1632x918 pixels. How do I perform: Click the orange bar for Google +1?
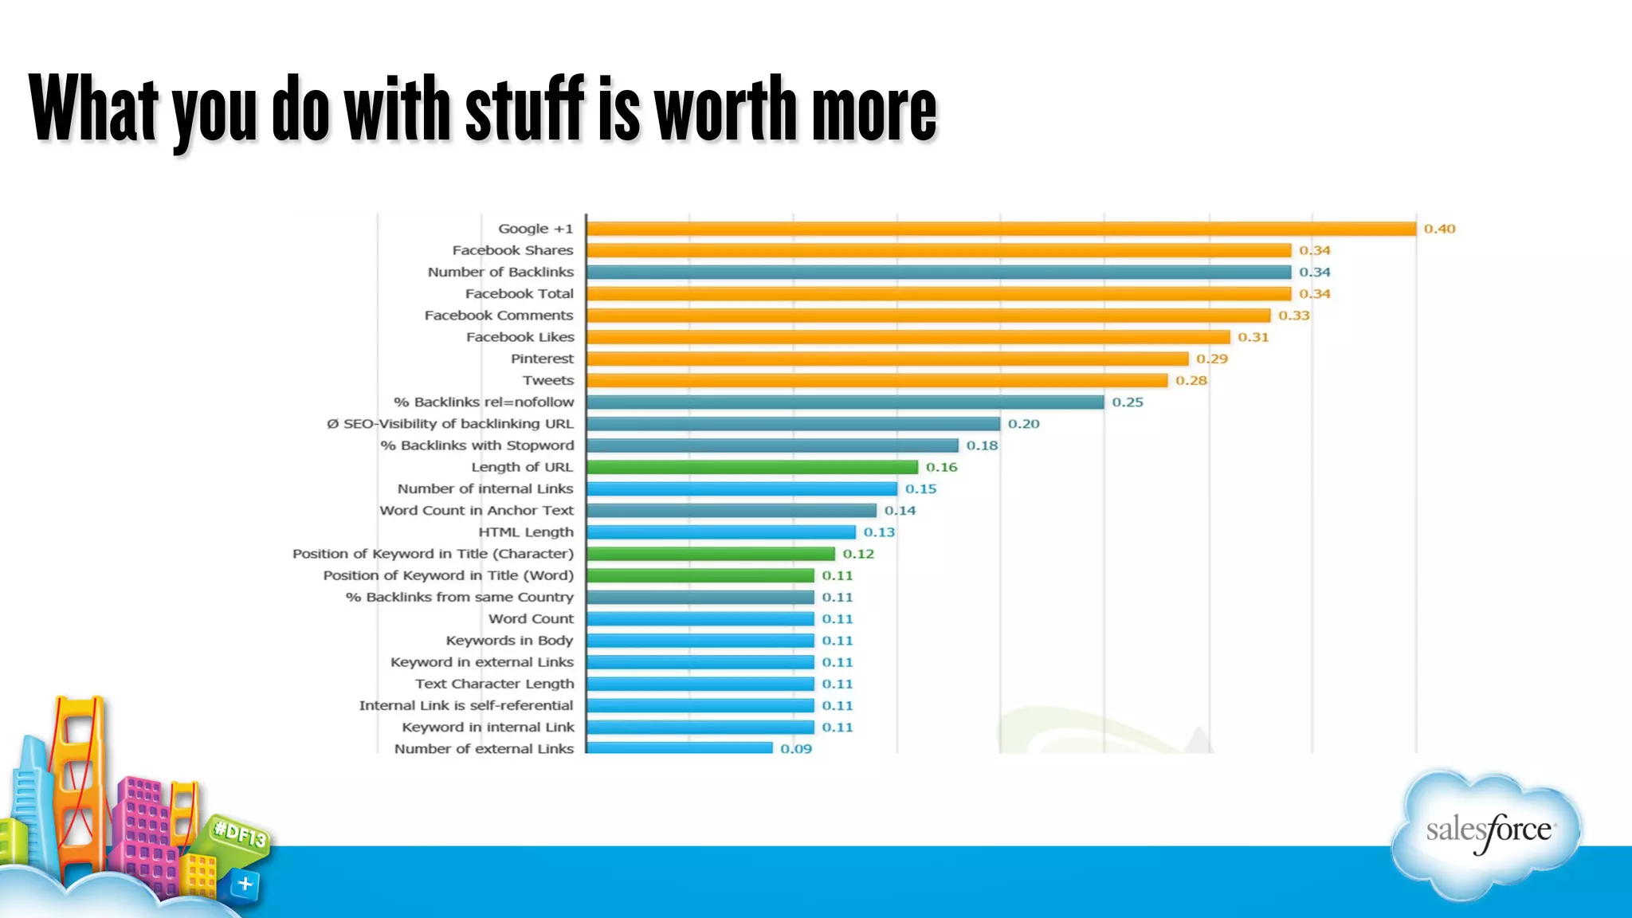1001,229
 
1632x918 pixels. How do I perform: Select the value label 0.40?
1439,229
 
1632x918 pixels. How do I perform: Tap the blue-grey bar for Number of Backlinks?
939,272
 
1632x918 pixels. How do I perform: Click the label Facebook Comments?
499,316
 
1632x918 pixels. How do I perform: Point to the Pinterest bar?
887,359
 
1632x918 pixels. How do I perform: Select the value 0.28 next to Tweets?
1191,381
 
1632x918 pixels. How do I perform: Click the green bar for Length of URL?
752,467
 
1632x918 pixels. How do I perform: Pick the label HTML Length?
525,532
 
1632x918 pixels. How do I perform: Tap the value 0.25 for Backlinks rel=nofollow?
1127,402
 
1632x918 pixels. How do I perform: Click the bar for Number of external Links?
680,747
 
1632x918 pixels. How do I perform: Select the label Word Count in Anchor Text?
477,511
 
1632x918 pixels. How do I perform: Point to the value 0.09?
795,749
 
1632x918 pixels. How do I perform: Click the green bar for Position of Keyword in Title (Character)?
711,554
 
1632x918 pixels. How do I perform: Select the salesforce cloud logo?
1487,833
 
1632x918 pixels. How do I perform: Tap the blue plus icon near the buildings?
245,884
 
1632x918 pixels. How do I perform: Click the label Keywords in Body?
509,641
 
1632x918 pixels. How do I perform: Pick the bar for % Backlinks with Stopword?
772,445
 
